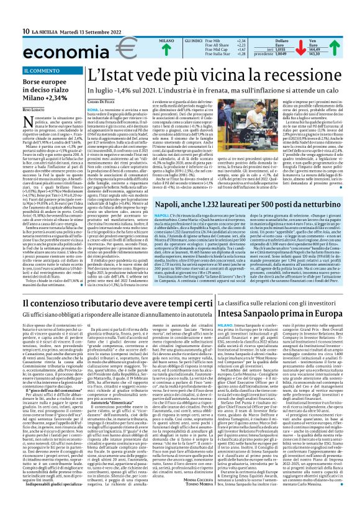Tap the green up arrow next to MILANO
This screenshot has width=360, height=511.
point(166,50)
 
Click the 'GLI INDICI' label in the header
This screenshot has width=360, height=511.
point(196,40)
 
